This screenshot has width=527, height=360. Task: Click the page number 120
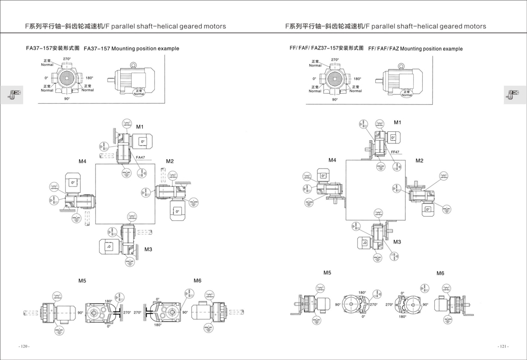pyautogui.click(x=24, y=346)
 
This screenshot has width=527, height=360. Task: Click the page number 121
pyautogui.click(x=503, y=346)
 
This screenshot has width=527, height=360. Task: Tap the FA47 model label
pyautogui.click(x=140, y=158)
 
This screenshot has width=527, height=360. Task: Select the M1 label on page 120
pyautogui.click(x=140, y=127)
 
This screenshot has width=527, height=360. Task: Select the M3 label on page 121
pyautogui.click(x=397, y=242)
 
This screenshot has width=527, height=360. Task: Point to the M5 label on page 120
pyautogui.click(x=82, y=281)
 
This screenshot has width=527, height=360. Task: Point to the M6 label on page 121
pyautogui.click(x=440, y=273)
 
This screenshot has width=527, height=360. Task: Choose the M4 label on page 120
pyautogui.click(x=82, y=161)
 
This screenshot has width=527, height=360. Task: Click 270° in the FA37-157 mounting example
pyautogui.click(x=67, y=59)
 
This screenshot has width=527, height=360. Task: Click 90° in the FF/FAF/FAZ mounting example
pyautogui.click(x=335, y=99)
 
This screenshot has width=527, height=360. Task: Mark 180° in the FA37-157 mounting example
pyautogui.click(x=90, y=78)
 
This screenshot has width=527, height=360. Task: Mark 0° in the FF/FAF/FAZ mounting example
pyautogui.click(x=314, y=79)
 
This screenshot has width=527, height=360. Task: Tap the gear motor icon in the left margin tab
pyautogui.click(x=11, y=94)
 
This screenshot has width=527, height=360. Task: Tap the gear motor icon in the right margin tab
pyautogui.click(x=510, y=94)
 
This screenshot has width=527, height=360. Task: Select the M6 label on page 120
pyautogui.click(x=197, y=280)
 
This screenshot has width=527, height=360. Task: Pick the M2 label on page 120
pyautogui.click(x=170, y=161)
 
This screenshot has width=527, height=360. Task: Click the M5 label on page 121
pyautogui.click(x=327, y=273)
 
